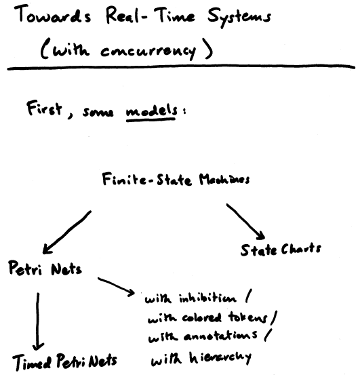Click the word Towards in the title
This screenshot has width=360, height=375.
(53, 15)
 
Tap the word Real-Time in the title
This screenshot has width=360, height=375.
(150, 16)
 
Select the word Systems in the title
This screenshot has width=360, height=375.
(239, 18)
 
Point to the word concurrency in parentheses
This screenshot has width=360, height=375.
(148, 51)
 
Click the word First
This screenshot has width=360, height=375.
(44, 108)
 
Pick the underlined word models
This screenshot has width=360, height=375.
(152, 112)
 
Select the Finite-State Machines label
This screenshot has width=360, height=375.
(176, 180)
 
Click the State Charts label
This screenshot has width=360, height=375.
(281, 250)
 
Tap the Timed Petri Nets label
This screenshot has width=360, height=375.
(64, 361)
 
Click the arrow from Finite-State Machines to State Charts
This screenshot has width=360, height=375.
(245, 222)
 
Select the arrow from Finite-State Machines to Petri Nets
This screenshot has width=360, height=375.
(67, 232)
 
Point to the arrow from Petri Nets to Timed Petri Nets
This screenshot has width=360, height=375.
(37, 321)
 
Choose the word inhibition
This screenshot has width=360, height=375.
(207, 298)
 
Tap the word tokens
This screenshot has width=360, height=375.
(247, 317)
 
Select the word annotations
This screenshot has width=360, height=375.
(220, 336)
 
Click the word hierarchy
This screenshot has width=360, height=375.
(220, 358)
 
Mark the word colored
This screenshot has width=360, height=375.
(201, 317)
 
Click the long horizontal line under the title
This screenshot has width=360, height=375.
(181, 67)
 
